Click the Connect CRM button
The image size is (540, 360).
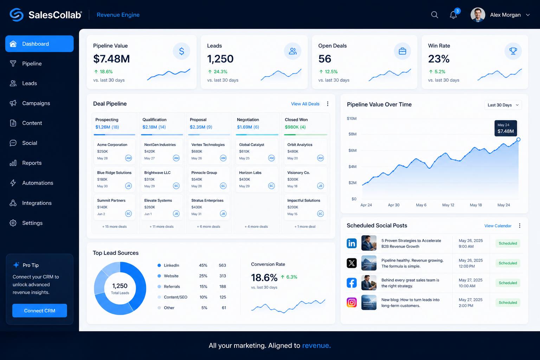(x=39, y=310)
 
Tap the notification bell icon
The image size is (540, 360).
(x=453, y=15)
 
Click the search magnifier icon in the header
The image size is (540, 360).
(x=435, y=15)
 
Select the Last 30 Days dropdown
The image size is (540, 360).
(x=503, y=105)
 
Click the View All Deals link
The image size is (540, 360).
(x=305, y=104)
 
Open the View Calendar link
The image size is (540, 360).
(x=497, y=226)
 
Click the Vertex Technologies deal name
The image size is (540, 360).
(x=208, y=145)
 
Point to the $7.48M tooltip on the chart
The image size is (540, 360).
(x=506, y=128)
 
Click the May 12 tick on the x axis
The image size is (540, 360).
(x=448, y=205)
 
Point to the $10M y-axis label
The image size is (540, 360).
(x=352, y=118)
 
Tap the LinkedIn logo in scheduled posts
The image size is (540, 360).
(x=352, y=243)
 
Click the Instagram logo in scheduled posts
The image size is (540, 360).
(x=352, y=302)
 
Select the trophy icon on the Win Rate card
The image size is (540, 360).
(x=513, y=51)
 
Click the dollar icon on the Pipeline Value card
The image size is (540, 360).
(x=181, y=51)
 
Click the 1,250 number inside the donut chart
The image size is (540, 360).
(x=120, y=286)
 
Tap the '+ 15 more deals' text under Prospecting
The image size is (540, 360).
(x=114, y=226)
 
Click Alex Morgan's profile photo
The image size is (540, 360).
(x=477, y=15)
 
